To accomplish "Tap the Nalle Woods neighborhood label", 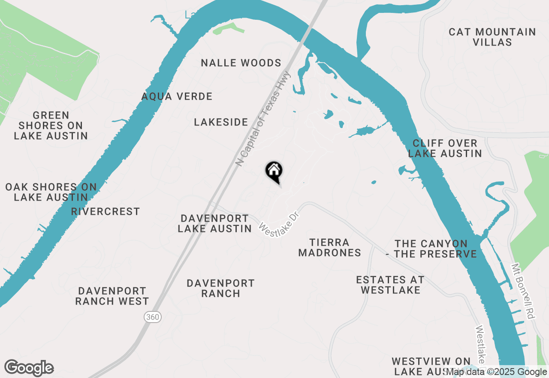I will (241, 63).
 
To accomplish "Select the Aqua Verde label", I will (177, 96).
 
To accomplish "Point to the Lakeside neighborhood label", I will (221, 122).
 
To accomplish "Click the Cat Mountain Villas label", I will (492, 37).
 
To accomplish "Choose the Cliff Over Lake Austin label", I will (445, 148).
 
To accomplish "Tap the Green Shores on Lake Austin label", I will (51, 125).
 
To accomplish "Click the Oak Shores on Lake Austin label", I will (51, 192).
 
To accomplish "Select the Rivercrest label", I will (106, 212).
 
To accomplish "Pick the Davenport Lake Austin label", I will (214, 223).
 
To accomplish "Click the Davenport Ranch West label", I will (112, 296).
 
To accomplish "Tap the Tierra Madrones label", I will (329, 248).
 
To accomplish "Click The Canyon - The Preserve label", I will (431, 249).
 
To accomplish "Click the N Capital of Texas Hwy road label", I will (263, 119).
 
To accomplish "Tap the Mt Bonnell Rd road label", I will (524, 290).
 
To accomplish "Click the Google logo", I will (29, 368).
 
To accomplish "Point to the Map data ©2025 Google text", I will (496, 372).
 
